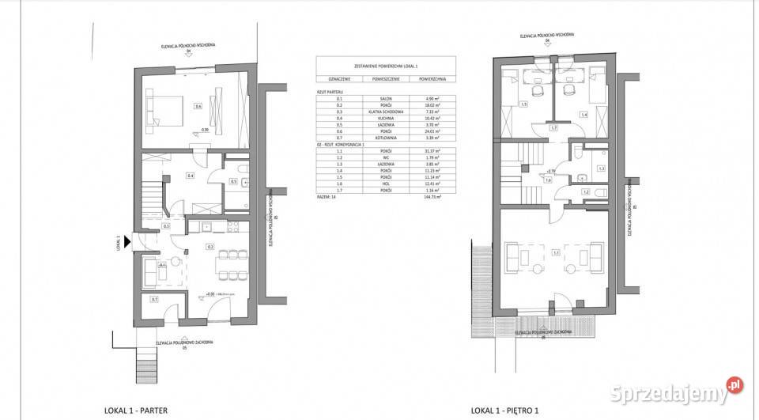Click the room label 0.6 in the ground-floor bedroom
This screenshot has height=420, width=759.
(x=198, y=107)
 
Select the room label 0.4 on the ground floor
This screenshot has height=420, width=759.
(x=191, y=175)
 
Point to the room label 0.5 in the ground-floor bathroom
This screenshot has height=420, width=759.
(x=233, y=181)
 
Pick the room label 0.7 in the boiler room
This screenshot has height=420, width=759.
(x=154, y=299)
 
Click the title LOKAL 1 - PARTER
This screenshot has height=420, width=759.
(x=135, y=411)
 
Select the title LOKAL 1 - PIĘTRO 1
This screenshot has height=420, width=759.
(x=505, y=411)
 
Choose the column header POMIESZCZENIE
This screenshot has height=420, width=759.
(x=385, y=80)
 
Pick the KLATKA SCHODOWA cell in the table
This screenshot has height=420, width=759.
(x=385, y=112)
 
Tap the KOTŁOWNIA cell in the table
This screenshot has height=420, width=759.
(x=385, y=137)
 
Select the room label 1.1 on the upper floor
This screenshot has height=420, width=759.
(x=557, y=253)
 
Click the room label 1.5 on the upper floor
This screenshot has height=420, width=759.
(x=524, y=104)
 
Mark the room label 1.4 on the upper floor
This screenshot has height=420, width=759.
(x=584, y=115)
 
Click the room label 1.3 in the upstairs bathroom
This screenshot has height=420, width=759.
(x=601, y=168)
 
